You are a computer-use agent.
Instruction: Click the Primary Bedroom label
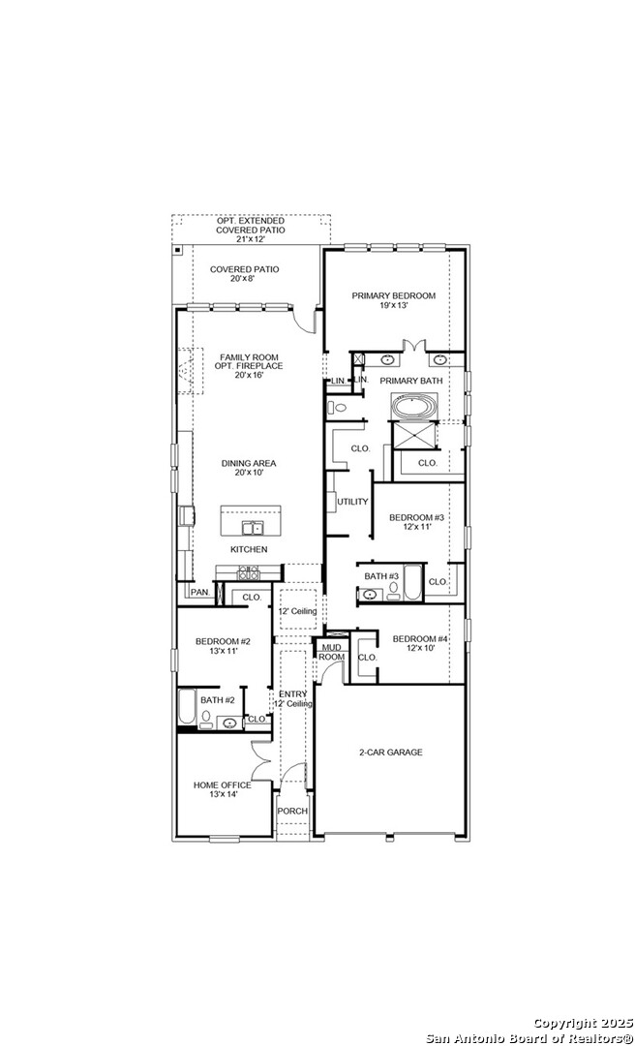[x=394, y=299]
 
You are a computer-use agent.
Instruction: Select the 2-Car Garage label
[x=391, y=752]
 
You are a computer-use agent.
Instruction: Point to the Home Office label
[x=223, y=789]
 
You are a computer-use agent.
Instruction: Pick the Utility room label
[x=352, y=502]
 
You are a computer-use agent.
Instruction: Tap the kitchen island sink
[x=253, y=529]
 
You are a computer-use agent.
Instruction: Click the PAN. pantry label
[x=200, y=592]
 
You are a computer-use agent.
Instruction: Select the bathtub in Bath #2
[x=186, y=707]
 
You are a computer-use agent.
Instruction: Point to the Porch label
[x=293, y=812]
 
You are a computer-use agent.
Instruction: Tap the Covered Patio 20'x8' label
[x=244, y=273]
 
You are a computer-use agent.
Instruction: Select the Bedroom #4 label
[x=420, y=642]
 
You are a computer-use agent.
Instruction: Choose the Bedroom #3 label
[x=417, y=521]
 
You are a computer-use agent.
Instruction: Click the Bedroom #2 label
[x=223, y=646]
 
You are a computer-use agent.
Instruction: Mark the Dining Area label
[x=249, y=467]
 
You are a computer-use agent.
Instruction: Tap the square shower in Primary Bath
[x=414, y=436]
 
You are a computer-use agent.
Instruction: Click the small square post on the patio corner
[x=178, y=250]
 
